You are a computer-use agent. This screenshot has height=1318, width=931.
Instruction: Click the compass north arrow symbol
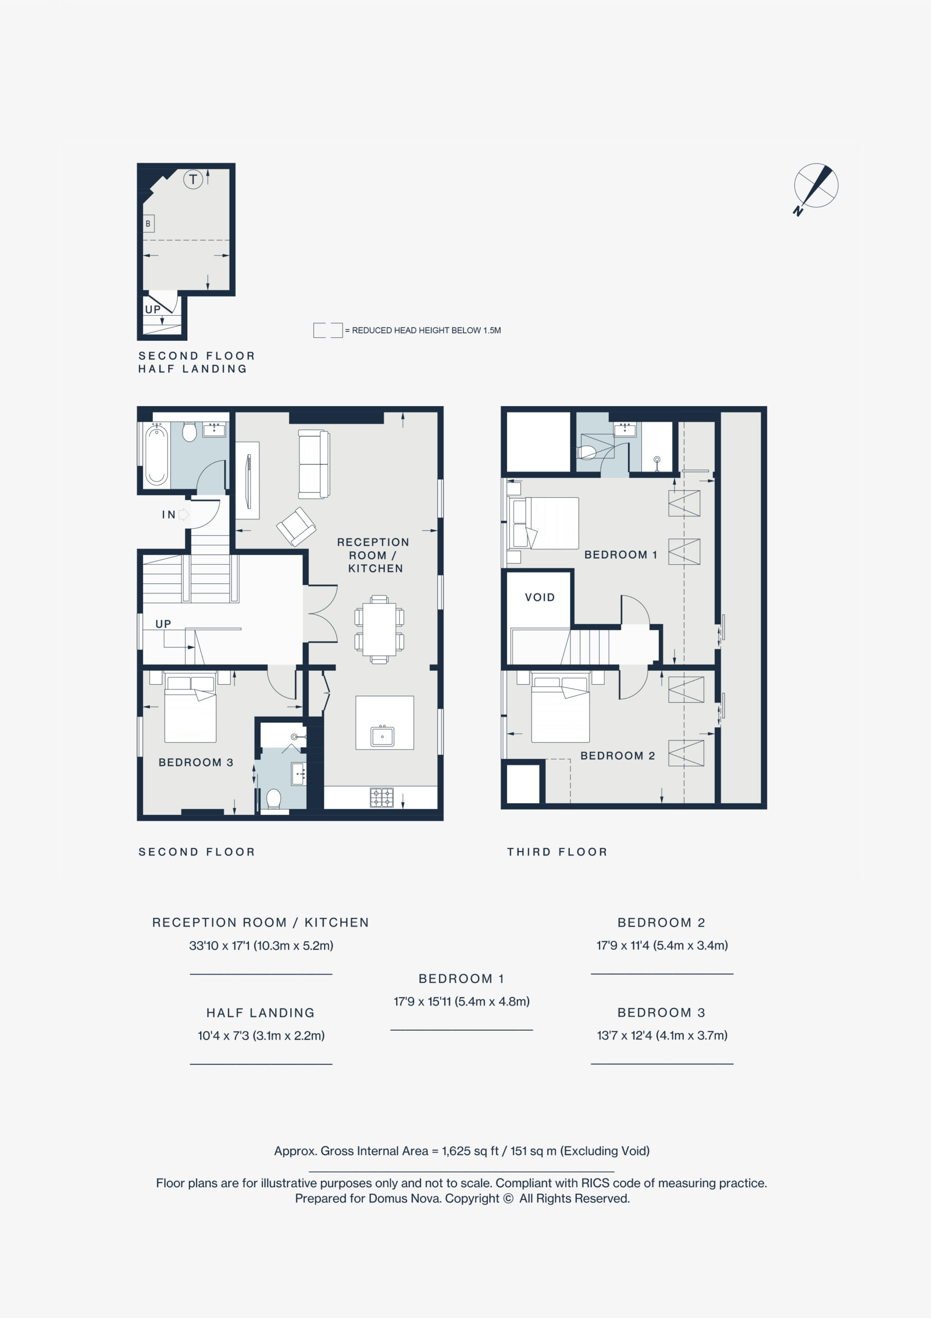(x=815, y=188)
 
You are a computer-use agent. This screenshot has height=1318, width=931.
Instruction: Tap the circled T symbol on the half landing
(x=193, y=179)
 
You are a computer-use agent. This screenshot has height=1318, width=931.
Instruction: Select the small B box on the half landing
(x=148, y=223)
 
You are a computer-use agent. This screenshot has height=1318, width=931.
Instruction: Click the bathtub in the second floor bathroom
(x=156, y=455)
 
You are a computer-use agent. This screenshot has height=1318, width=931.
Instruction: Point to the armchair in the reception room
(x=296, y=526)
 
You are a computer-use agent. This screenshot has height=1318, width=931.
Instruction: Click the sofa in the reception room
(x=314, y=464)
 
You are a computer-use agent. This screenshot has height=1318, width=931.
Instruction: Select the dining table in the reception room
(x=379, y=629)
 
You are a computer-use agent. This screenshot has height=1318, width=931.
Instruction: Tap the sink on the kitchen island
(x=382, y=735)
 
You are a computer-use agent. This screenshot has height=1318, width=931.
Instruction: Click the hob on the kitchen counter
(x=382, y=797)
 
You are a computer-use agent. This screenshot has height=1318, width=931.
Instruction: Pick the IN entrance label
(x=169, y=514)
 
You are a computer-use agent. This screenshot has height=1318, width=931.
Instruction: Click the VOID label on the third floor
(x=539, y=597)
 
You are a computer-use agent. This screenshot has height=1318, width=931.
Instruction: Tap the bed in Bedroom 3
(x=190, y=709)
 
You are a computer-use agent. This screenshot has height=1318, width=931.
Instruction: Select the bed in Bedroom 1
(x=543, y=523)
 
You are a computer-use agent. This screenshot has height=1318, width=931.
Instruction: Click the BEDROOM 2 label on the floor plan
(x=618, y=755)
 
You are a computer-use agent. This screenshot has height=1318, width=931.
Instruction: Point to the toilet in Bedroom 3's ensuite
(x=274, y=799)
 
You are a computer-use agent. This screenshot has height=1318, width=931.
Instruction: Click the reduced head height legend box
(x=328, y=330)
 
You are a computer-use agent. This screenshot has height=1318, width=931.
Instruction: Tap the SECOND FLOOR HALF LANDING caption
(x=196, y=362)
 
